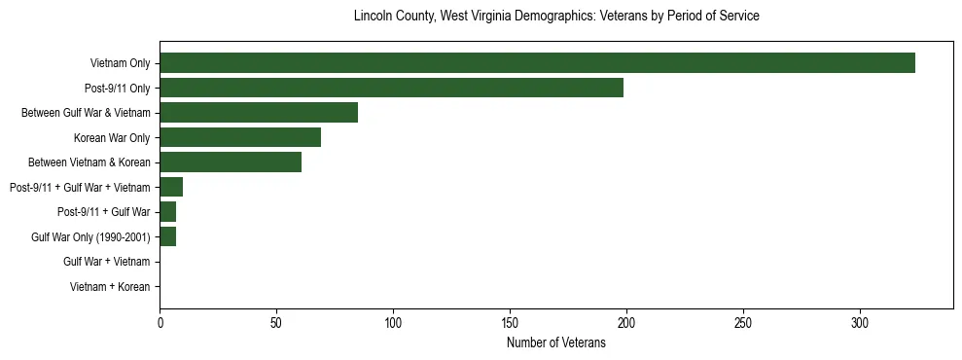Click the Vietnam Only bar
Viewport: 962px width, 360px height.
(537, 63)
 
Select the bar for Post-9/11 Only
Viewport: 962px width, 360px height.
(391, 88)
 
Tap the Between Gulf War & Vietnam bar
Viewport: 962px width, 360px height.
(259, 113)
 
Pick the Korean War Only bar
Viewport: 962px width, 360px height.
(240, 137)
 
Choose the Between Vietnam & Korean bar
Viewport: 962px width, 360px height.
(231, 162)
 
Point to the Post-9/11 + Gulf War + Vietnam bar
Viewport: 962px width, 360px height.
(171, 187)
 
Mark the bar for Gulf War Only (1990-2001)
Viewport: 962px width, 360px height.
(167, 236)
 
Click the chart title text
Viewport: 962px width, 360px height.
(556, 17)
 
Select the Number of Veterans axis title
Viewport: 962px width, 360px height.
(556, 342)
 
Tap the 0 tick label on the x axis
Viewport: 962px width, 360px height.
(160, 323)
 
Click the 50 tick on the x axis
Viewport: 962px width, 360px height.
(276, 323)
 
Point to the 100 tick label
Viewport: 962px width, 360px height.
(393, 323)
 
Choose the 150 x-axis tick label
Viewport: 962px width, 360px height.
(510, 323)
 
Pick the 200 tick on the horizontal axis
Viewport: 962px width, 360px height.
(626, 323)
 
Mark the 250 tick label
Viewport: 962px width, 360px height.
(743, 323)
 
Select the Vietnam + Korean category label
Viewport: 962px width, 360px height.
(110, 287)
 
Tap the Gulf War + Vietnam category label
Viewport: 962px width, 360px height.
(106, 262)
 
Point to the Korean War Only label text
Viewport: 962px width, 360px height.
(112, 137)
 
